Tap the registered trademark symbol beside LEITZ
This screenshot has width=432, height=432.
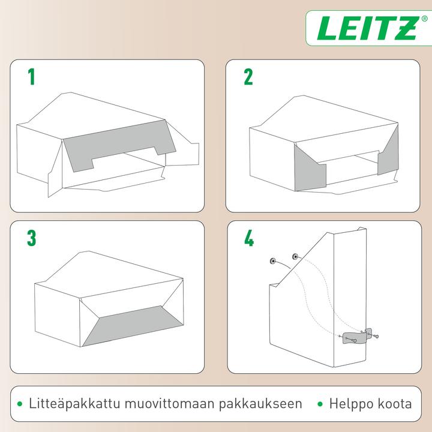[x=424, y=19]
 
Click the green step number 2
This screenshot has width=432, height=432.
[x=248, y=77]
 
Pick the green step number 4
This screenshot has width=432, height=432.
[x=248, y=238]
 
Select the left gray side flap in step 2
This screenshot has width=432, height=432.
[x=309, y=172]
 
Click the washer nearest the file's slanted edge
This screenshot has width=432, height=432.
[x=295, y=257]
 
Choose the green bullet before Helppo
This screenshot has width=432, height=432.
[x=320, y=404]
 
